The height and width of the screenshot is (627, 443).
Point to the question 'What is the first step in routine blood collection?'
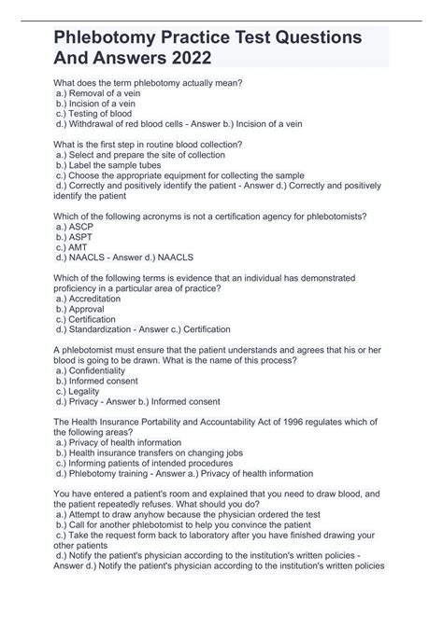(x=149, y=145)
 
